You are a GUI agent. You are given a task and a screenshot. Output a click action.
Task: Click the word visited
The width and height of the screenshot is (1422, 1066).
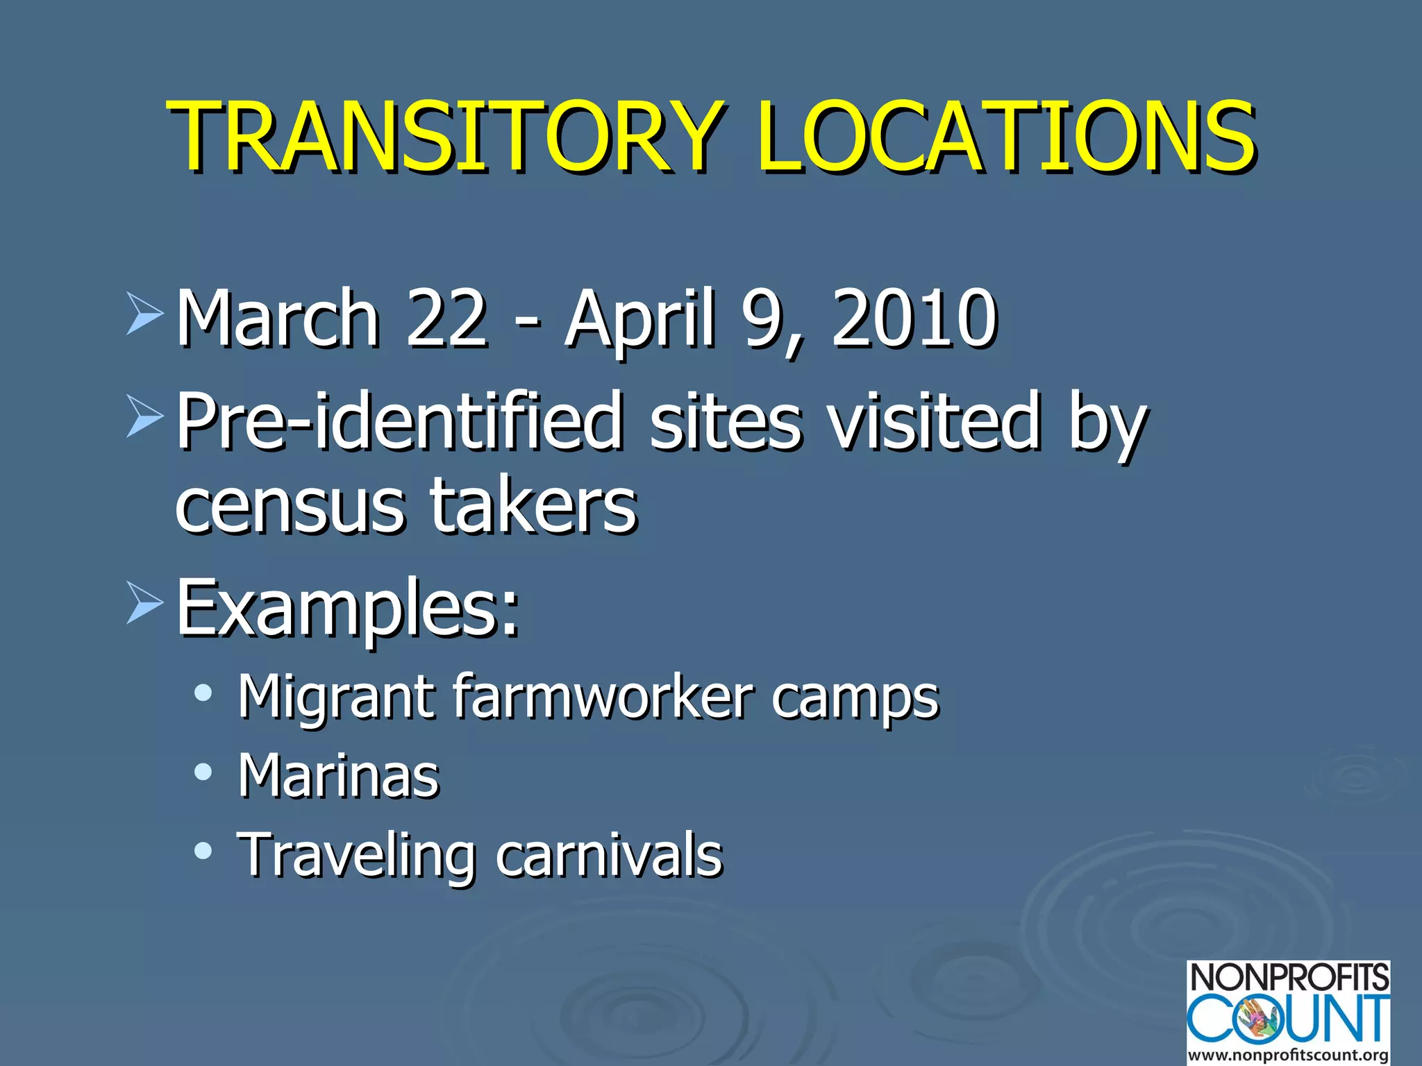[x=935, y=421]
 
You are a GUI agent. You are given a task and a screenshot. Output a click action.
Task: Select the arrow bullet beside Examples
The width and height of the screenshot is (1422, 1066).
[x=144, y=603]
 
